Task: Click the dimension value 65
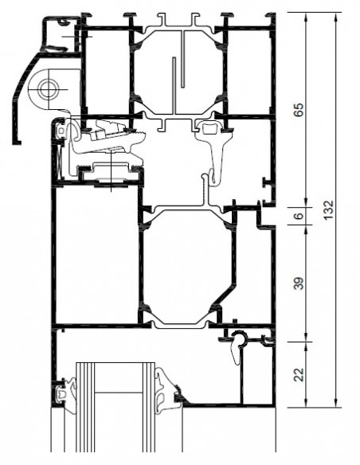(x=299, y=110)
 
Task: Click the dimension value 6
(x=299, y=215)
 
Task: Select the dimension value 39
(x=299, y=283)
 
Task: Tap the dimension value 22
(x=299, y=374)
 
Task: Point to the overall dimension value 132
(x=328, y=210)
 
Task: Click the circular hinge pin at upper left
(x=48, y=89)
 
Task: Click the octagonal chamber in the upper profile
(x=178, y=71)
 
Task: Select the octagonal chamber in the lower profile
(x=187, y=267)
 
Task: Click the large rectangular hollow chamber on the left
(x=96, y=256)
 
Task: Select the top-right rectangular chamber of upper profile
(x=249, y=71)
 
